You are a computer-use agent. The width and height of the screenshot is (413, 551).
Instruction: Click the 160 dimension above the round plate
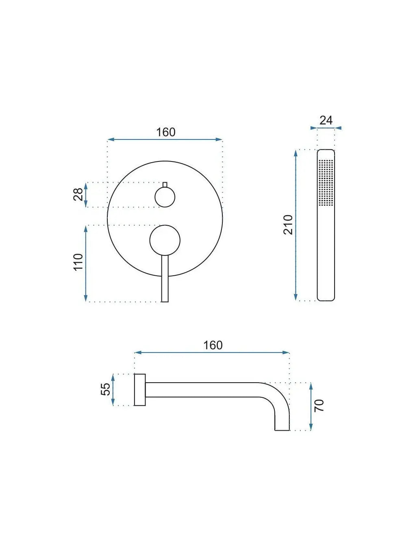tap(165, 132)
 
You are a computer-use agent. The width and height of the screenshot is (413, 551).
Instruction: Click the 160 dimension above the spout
tap(213, 345)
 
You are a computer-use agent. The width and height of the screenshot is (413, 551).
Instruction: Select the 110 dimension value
tap(78, 262)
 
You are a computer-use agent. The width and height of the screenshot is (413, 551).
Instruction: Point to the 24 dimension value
tap(326, 120)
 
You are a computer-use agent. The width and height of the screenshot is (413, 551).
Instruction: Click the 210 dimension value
tap(288, 224)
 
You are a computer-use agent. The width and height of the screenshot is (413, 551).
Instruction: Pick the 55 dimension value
tap(105, 389)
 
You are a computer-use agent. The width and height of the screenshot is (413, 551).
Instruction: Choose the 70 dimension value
tap(320, 405)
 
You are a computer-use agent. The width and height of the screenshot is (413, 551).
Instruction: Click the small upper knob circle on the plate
tap(165, 198)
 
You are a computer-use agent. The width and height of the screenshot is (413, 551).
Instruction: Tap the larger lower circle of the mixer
tap(165, 240)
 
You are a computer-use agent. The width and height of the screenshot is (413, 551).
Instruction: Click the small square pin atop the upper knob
tap(165, 185)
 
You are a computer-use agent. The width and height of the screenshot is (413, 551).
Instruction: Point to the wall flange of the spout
tap(140, 390)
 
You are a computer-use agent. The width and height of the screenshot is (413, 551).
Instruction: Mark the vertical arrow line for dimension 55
tap(113, 390)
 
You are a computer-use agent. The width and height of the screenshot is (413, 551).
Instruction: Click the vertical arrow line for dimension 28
tap(86, 195)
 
